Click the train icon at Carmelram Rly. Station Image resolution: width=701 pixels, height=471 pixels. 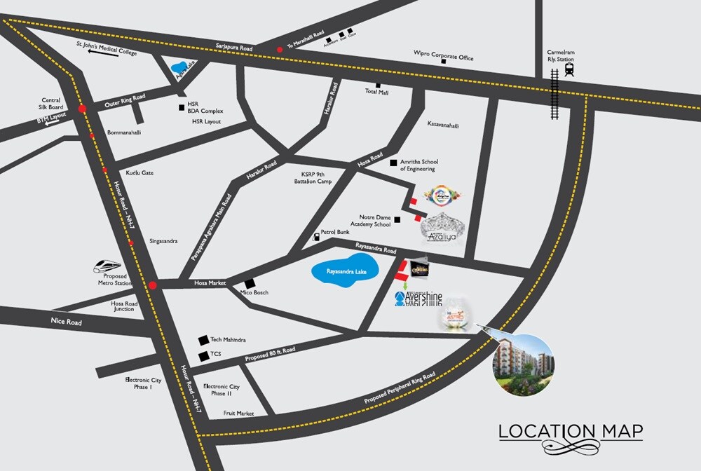pyautogui.click(x=569, y=69)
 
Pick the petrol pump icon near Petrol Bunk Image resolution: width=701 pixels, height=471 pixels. pyautogui.click(x=315, y=237)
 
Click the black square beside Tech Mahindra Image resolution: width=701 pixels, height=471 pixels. pyautogui.click(x=203, y=339)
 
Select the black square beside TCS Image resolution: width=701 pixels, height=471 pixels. pyautogui.click(x=203, y=356)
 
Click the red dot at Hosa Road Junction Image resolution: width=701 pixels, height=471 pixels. pyautogui.click(x=153, y=285)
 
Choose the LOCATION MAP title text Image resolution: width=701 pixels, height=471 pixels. pyautogui.click(x=571, y=430)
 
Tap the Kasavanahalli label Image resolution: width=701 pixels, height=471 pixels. pyautogui.click(x=443, y=125)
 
